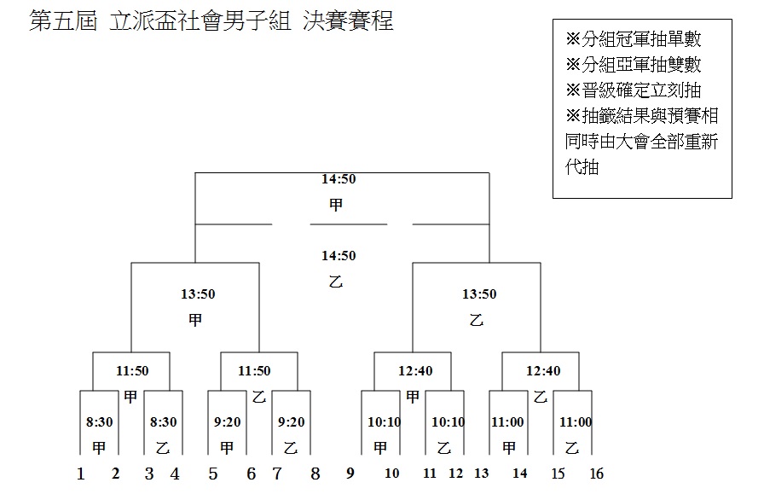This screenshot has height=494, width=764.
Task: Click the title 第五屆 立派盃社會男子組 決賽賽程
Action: click(x=211, y=21)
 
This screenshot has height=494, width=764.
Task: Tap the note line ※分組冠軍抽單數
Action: click(x=634, y=39)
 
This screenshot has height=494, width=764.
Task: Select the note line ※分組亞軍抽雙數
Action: click(x=634, y=64)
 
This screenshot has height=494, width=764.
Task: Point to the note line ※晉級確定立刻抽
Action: click(x=634, y=90)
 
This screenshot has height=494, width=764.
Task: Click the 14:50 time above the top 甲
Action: click(x=339, y=179)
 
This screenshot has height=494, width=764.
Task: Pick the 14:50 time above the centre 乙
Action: click(x=339, y=256)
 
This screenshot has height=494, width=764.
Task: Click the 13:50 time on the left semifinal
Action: click(x=198, y=294)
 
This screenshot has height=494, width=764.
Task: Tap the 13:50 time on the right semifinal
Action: click(x=479, y=294)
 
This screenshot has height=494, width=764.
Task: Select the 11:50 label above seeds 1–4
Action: click(x=132, y=370)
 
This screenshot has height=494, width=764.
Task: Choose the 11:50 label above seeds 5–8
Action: click(x=254, y=370)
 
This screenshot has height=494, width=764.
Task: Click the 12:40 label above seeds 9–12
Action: click(x=415, y=370)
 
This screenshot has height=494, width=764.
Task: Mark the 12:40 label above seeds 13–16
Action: click(x=543, y=370)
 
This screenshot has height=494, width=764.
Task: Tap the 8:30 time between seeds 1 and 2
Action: click(x=100, y=421)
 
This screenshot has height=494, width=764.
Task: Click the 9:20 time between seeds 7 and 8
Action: click(x=292, y=421)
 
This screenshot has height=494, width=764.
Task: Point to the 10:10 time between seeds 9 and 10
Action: click(x=384, y=421)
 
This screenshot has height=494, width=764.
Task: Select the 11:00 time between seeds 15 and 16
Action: click(x=576, y=421)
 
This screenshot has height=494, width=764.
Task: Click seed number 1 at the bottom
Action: click(x=81, y=474)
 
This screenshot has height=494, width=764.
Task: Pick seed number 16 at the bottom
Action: click(x=597, y=474)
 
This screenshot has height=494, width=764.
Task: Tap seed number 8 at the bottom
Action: click(x=315, y=474)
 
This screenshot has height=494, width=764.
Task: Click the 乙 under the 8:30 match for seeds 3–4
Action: click(x=163, y=448)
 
